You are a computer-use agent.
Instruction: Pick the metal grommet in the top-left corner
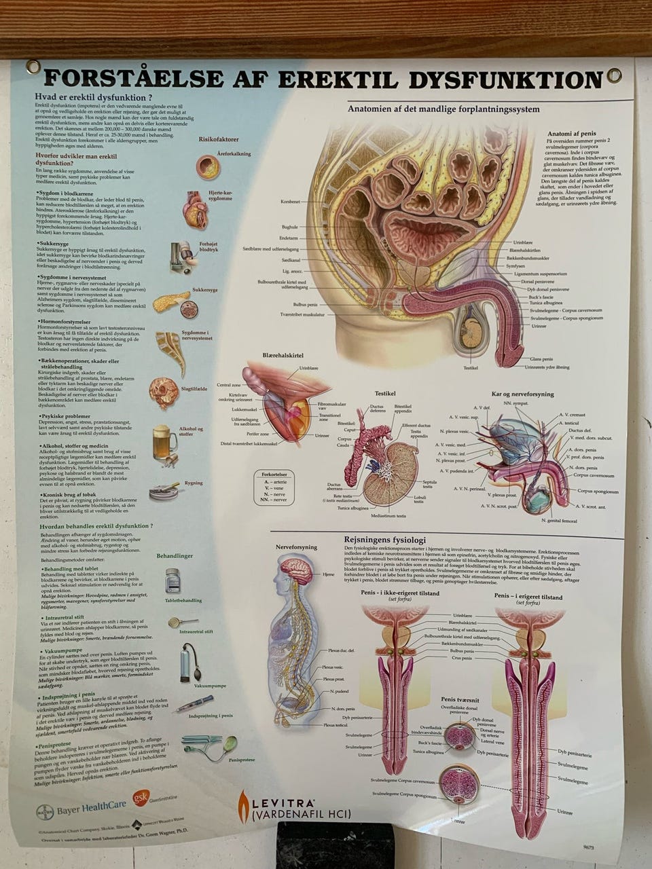[x=33, y=67]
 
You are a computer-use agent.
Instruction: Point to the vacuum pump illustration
[x=188, y=661]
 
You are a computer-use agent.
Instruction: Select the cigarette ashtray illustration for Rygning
[x=164, y=490]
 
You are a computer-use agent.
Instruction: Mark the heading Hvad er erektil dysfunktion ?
[x=93, y=97]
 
